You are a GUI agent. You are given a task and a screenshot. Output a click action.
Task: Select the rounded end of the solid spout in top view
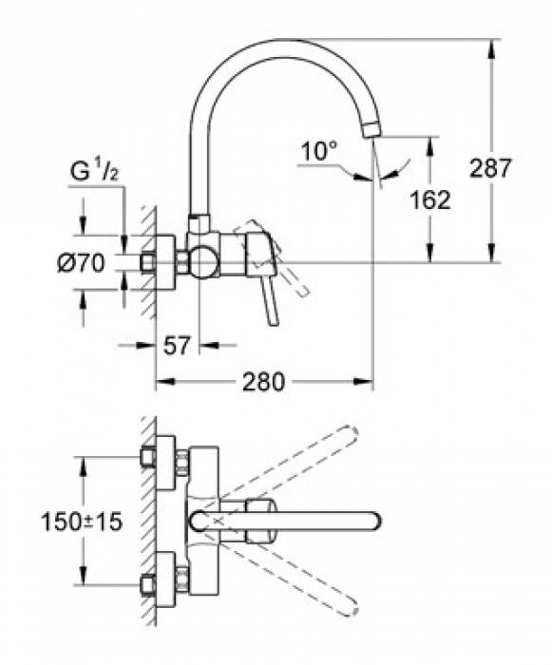[373, 520]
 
